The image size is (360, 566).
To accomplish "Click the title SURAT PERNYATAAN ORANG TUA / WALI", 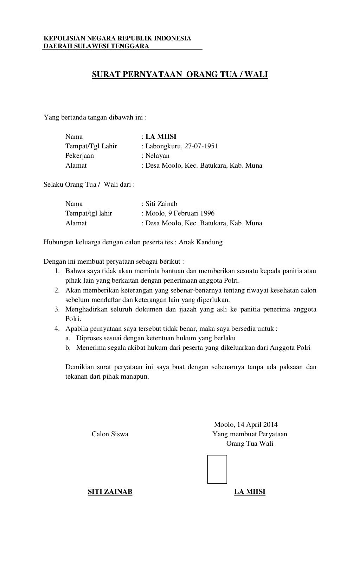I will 180,75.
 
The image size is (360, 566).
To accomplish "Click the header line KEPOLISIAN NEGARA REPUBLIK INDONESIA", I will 117,38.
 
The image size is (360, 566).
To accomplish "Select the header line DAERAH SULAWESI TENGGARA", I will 96,46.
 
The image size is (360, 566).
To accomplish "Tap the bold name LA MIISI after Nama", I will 161,136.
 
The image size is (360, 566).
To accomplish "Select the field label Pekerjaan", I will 79,155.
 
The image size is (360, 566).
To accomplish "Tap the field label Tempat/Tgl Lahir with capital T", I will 91,146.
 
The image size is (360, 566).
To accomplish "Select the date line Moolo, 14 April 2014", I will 246,424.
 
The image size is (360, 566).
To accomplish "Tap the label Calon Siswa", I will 110,434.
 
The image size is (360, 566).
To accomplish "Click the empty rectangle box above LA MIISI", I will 217,469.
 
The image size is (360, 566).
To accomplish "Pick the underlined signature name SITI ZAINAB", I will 110,492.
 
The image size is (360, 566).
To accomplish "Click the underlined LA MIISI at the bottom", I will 250,492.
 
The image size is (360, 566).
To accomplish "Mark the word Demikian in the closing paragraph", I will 79,367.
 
